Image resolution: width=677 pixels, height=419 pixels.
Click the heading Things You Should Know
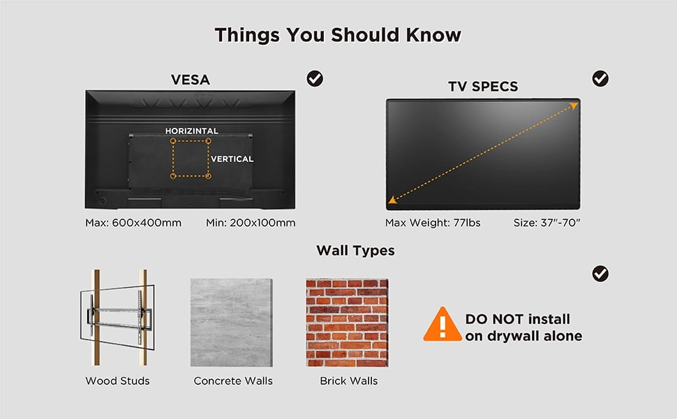tap(338, 35)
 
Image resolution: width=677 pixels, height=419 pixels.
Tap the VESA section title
tap(191, 80)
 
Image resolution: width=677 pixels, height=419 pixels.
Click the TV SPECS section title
tap(483, 87)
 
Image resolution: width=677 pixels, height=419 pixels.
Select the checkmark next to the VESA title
tap(315, 79)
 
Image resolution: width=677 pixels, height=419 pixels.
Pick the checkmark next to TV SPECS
tap(600, 79)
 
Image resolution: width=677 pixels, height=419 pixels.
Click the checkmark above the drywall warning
tap(600, 274)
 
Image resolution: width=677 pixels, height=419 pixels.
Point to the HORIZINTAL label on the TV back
tap(192, 131)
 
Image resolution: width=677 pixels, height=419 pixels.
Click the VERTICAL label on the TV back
tap(232, 159)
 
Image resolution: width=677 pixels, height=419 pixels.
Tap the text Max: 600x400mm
tap(133, 223)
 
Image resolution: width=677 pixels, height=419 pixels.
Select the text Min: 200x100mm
tap(251, 223)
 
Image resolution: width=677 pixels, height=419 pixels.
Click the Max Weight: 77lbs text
tap(433, 223)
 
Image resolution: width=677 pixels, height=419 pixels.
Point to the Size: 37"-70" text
tap(546, 223)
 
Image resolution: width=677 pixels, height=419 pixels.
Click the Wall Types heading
tap(355, 251)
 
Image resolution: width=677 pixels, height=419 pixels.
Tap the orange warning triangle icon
tap(442, 324)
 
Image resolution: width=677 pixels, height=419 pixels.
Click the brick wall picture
tap(347, 323)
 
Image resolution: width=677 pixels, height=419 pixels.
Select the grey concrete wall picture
tap(232, 323)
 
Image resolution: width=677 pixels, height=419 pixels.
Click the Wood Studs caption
tap(117, 381)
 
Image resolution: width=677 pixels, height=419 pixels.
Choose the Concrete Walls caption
tap(233, 381)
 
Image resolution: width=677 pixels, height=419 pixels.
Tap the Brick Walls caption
tap(349, 381)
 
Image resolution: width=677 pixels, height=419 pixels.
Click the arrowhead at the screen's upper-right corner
tap(574, 105)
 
